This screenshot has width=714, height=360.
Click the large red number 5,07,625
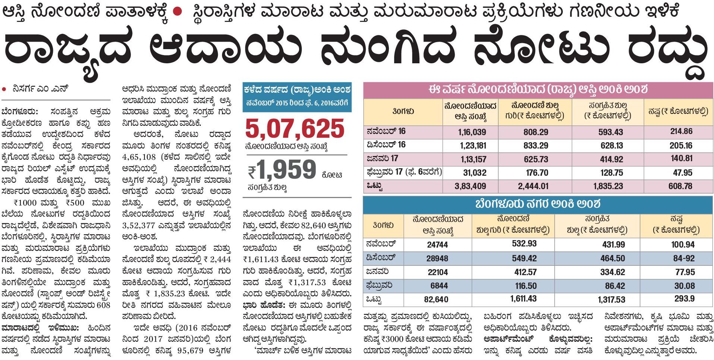pyautogui.click(x=295, y=129)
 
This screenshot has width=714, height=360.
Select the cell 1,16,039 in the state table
pyautogui.click(x=472, y=132)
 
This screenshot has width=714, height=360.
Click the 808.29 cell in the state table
pyautogui.click(x=536, y=132)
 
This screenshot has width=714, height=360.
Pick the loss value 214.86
pyautogui.click(x=681, y=131)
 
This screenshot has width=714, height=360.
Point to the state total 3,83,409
pyautogui.click(x=470, y=186)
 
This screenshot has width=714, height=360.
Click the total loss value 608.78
pyautogui.click(x=680, y=186)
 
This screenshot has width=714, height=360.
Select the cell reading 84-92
pyautogui.click(x=684, y=258)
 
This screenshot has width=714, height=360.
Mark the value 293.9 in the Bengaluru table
pyautogui.click(x=684, y=299)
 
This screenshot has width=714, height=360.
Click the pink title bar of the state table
pyautogui.click(x=538, y=90)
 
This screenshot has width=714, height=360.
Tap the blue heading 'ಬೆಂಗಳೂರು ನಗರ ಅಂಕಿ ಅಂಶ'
pyautogui.click(x=538, y=204)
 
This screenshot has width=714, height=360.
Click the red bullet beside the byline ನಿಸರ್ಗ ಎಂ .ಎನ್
pyautogui.click(x=4, y=89)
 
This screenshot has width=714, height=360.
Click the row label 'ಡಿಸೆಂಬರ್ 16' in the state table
pyautogui.click(x=386, y=145)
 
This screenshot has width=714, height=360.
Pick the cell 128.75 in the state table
pyautogui.click(x=611, y=173)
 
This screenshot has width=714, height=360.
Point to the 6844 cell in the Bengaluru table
pyautogui.click(x=438, y=286)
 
